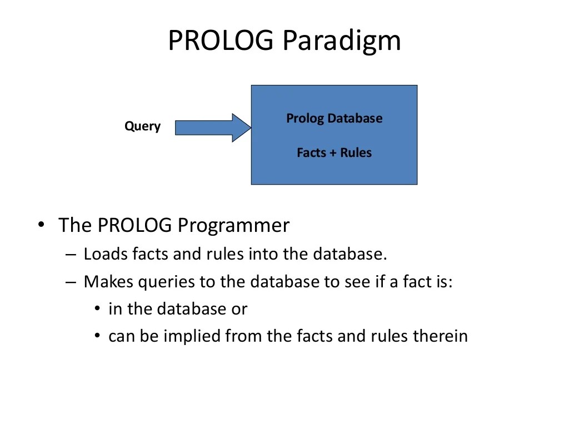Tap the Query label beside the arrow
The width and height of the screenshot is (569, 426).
tap(142, 126)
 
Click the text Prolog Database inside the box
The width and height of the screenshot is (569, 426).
tap(334, 118)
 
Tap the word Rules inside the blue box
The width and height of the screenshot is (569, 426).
tap(356, 153)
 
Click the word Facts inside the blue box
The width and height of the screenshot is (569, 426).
tap(312, 153)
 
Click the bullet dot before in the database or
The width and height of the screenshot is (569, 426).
tap(98, 309)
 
